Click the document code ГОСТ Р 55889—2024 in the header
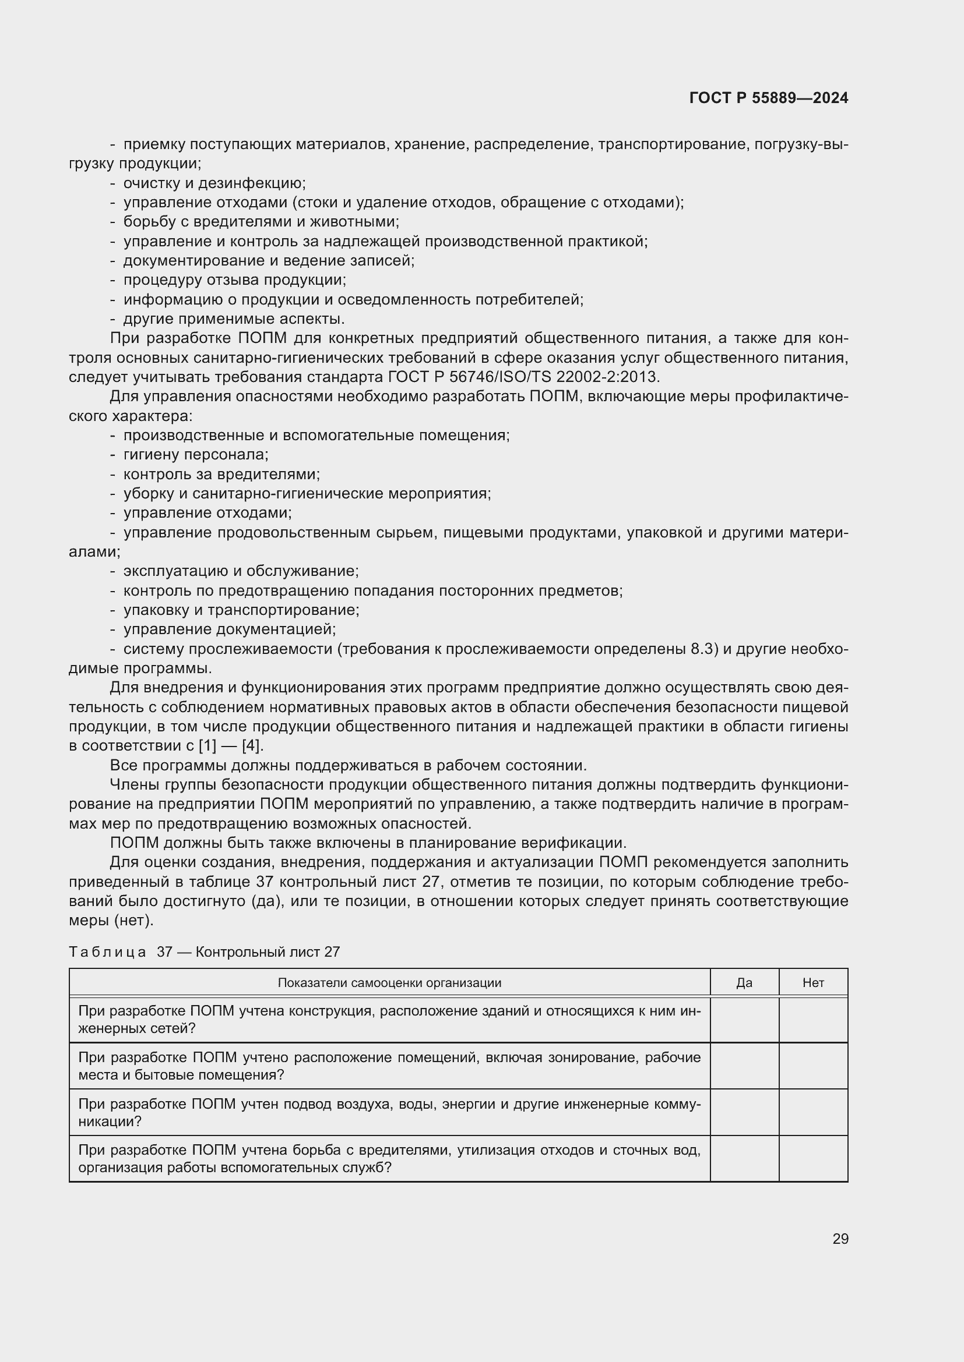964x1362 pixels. click(x=768, y=98)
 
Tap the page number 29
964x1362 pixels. click(x=840, y=1239)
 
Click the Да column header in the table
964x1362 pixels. click(x=744, y=983)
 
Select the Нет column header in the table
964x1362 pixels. click(x=812, y=983)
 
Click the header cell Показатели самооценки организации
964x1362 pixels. click(x=389, y=983)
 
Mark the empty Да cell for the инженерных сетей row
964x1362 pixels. click(x=744, y=1020)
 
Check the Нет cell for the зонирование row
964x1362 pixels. click(x=812, y=1066)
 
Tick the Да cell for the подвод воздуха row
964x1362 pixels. click(x=744, y=1112)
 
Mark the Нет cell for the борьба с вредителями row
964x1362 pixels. click(x=812, y=1159)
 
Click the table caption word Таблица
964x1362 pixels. click(x=107, y=952)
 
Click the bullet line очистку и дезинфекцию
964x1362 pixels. click(x=214, y=183)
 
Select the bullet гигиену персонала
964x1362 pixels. click(x=196, y=455)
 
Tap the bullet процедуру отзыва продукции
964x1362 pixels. click(x=234, y=280)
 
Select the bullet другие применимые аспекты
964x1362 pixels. click(x=234, y=319)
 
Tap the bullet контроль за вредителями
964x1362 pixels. click(x=221, y=475)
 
